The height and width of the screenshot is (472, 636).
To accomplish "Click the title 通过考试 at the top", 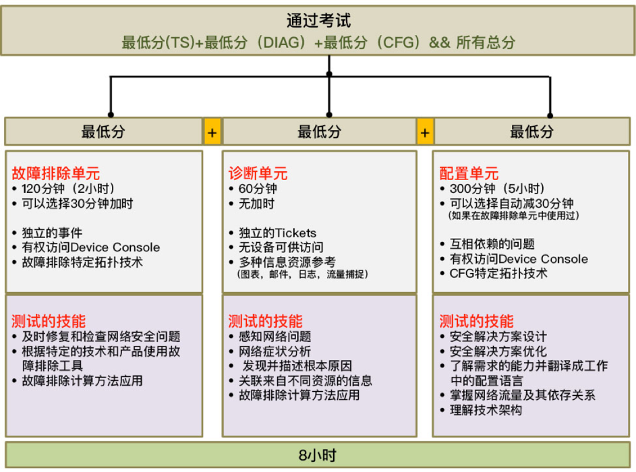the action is click(318, 20).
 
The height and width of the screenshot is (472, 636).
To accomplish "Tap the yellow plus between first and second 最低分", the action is click(212, 132).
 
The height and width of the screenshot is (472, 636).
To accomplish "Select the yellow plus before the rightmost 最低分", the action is click(425, 132).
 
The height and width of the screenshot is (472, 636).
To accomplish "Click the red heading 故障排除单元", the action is click(55, 173).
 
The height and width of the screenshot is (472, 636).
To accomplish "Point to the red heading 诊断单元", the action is click(258, 173).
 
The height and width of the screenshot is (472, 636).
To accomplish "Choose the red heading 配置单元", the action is click(469, 173).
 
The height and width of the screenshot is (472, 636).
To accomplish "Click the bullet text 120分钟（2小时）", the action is click(68, 189).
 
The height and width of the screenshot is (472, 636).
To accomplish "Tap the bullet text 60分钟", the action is click(258, 189).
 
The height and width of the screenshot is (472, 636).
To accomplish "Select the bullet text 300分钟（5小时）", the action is click(497, 189).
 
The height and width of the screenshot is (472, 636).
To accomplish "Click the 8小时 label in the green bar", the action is click(318, 455).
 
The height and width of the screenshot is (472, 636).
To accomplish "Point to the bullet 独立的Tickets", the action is click(277, 233).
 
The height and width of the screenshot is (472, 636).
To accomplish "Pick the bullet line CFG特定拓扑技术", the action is click(498, 273).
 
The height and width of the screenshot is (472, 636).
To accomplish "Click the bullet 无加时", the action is click(256, 204).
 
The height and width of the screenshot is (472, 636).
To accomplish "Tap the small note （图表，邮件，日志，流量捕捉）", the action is click(302, 274).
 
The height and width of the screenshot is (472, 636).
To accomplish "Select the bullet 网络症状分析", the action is click(274, 351).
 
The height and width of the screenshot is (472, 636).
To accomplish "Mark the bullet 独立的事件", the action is click(52, 233).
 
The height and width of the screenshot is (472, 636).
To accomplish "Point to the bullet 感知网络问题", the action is click(274, 336).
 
